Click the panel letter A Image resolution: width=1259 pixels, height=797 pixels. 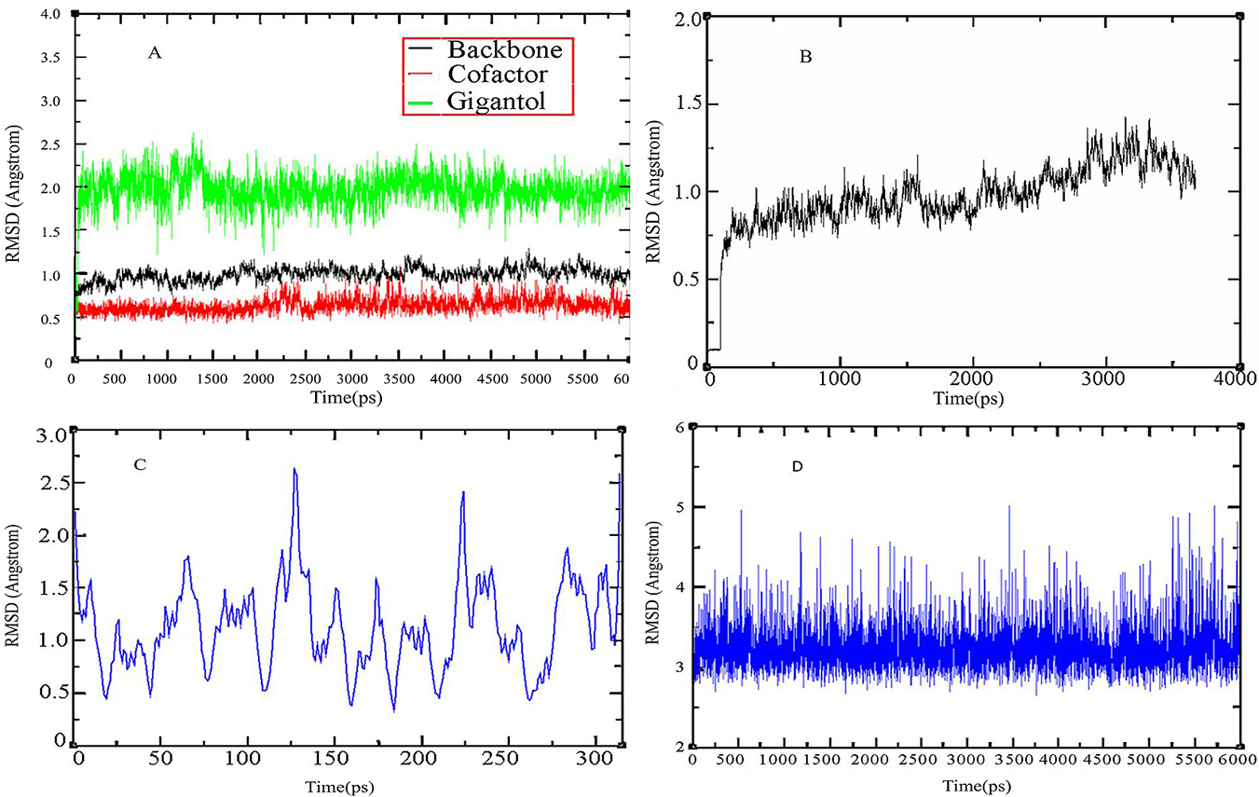coord(155,53)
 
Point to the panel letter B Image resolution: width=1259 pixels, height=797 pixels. coord(806,58)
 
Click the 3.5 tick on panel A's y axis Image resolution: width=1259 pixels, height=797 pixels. coord(52,57)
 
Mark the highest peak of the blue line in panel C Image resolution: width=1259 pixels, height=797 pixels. coord(294,469)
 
